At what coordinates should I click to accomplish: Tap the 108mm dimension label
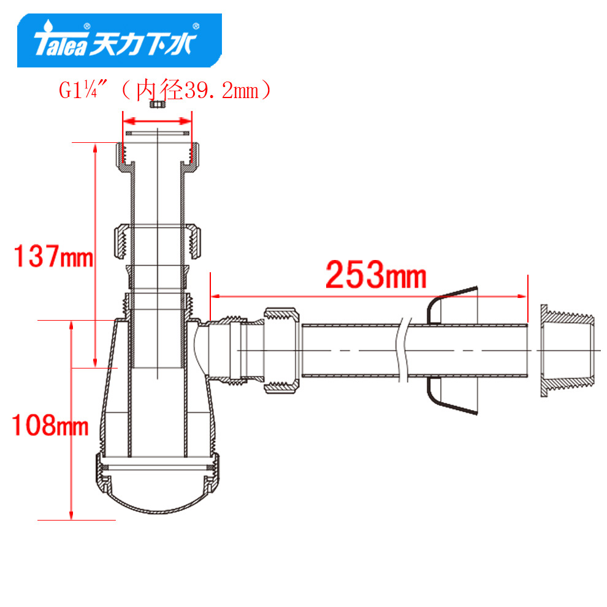click(x=50, y=425)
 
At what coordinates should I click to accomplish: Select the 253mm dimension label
click(x=376, y=275)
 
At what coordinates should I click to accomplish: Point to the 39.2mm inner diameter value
click(x=221, y=91)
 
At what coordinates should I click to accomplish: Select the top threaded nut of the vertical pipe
click(x=158, y=157)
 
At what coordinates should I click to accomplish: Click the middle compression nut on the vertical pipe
click(x=158, y=241)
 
